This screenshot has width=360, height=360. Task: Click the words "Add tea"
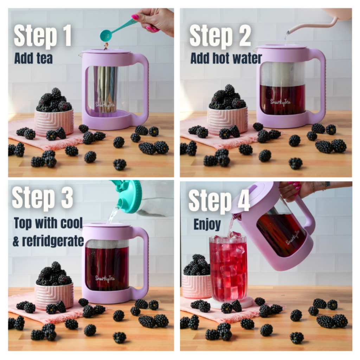pos(33,58)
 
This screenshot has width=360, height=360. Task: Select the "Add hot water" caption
pos(226,58)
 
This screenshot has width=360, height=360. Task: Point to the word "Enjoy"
pos(207,224)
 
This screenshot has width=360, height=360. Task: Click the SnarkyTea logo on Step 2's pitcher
pos(281,102)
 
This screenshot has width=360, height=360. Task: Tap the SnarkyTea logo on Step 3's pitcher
pos(105,278)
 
